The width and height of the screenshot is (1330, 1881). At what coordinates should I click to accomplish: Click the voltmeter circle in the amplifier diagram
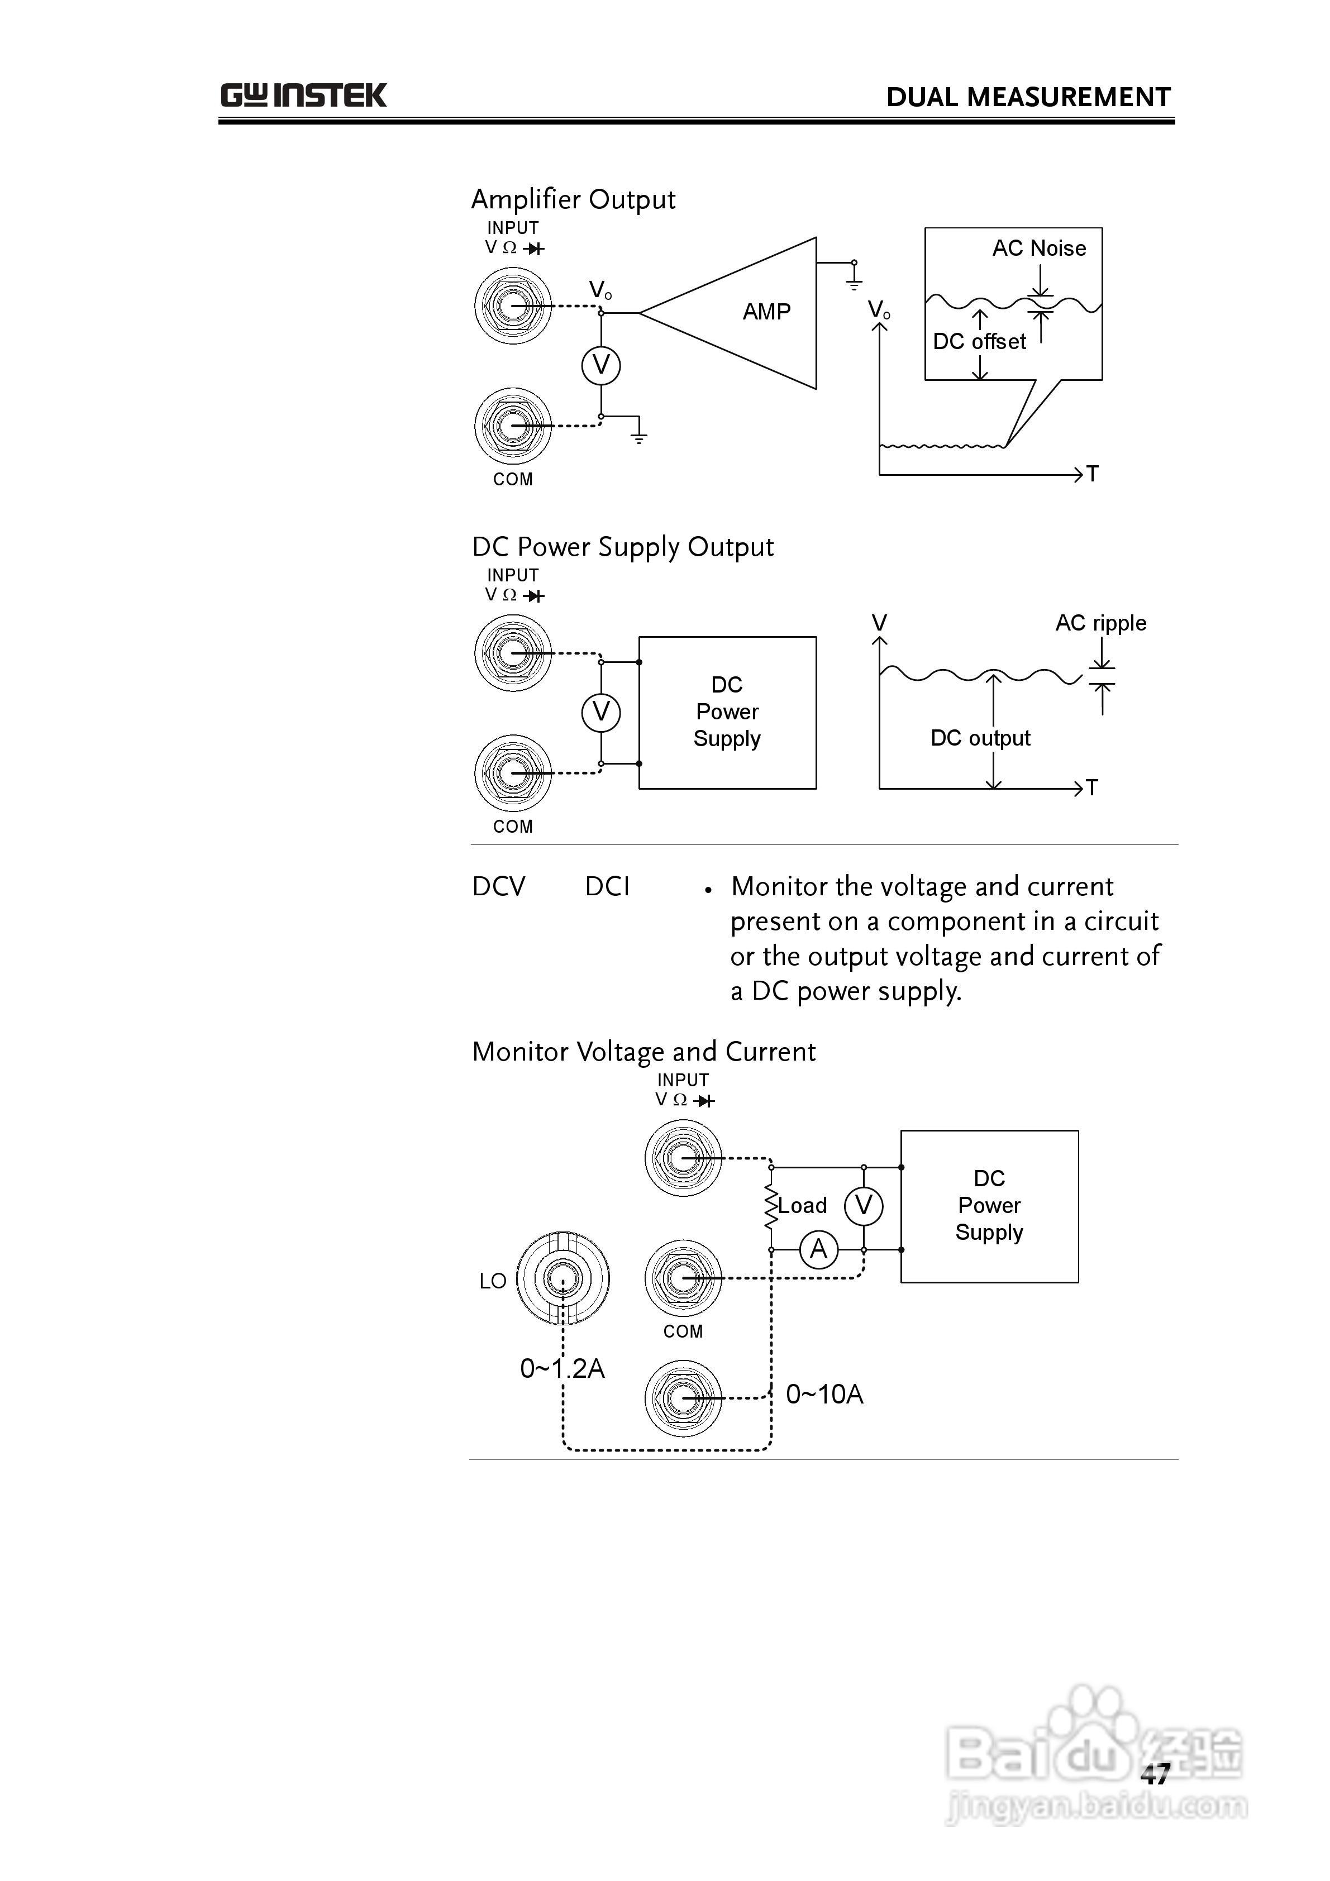(x=600, y=365)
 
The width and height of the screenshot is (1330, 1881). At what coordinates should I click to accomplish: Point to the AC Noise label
(x=1039, y=248)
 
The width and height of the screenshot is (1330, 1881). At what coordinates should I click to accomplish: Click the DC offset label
(x=979, y=342)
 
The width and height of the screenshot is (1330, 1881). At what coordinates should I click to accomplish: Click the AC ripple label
(x=1100, y=623)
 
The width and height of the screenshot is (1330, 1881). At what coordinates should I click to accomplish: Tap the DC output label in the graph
(x=980, y=738)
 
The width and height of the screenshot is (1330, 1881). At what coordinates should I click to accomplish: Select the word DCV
(x=498, y=886)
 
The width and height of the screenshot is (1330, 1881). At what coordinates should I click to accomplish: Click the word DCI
(x=607, y=886)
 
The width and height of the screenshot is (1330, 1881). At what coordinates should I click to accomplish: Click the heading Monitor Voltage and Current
(x=644, y=1052)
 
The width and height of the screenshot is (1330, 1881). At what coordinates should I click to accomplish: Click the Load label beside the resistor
(x=802, y=1205)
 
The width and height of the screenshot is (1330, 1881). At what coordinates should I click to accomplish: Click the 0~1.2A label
(x=562, y=1368)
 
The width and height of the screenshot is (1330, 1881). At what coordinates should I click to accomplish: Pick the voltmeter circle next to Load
(x=863, y=1205)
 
